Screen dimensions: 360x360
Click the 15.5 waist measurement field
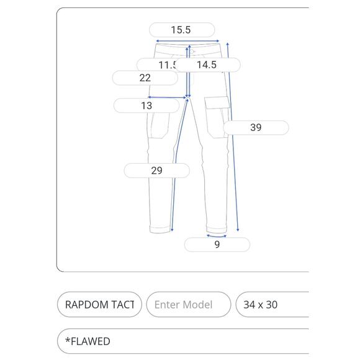click(x=181, y=30)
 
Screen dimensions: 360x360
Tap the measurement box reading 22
click(x=145, y=78)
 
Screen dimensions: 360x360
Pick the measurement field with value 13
click(x=146, y=106)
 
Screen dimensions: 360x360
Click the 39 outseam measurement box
click(x=256, y=128)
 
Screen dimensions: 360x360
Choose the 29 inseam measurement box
click(x=156, y=170)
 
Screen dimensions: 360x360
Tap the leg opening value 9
click(x=217, y=245)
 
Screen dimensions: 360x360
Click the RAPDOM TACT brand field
click(x=99, y=305)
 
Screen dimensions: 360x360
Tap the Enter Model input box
click(x=188, y=305)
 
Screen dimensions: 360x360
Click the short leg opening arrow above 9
click(x=217, y=236)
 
